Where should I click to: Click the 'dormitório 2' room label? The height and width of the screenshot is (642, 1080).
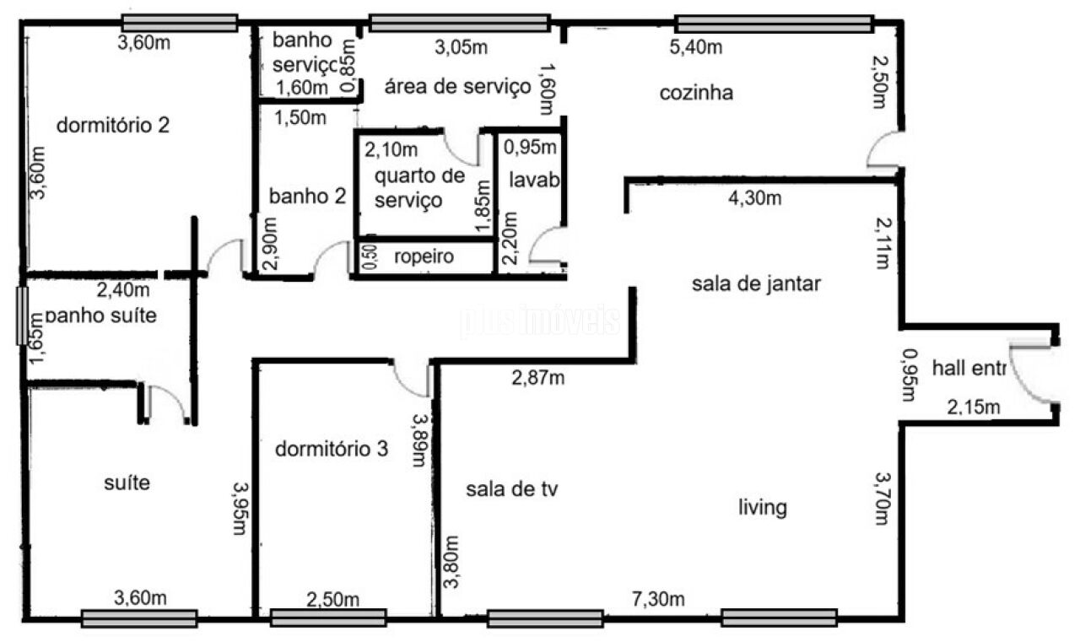tap(113, 126)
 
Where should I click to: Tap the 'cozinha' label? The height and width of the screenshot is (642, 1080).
tap(696, 93)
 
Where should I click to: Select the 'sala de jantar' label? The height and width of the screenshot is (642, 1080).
tap(756, 284)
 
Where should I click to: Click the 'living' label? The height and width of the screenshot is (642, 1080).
tap(763, 508)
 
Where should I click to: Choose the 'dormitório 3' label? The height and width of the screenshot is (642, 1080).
tap(332, 449)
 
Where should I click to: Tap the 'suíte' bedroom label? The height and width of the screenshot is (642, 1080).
tap(127, 483)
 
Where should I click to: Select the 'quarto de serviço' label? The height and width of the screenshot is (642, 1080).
tap(419, 188)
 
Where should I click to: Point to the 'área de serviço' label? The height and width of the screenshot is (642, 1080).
tap(458, 86)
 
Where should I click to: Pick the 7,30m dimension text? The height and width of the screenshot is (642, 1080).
tap(658, 599)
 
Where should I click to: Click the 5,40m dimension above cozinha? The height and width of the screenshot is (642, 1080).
tap(695, 46)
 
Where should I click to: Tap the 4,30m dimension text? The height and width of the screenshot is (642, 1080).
tap(754, 199)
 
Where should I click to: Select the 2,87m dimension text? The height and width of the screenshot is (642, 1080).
tap(538, 377)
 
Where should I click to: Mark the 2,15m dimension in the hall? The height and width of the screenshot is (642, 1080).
tap(973, 408)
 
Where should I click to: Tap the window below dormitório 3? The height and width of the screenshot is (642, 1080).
tap(328, 618)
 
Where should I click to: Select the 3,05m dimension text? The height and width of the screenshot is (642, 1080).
tap(461, 46)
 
